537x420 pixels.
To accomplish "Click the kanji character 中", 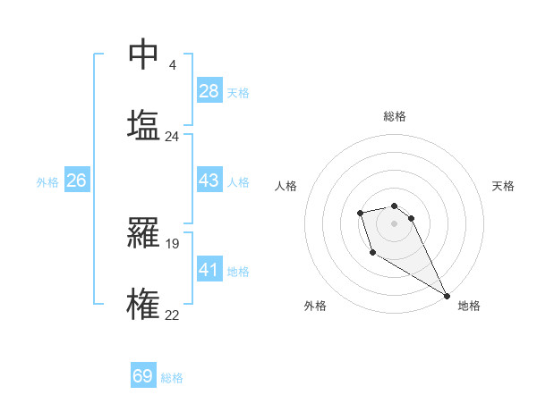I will point(143,55).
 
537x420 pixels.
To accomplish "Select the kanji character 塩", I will point(143,125).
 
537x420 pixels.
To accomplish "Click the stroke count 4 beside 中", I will point(172,64).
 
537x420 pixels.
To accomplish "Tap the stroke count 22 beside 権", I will point(172,314).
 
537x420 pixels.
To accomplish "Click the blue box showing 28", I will point(209,91).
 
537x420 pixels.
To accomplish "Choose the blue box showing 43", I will point(209,181).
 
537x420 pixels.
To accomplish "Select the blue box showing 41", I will point(209,269).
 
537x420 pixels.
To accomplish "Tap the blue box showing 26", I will point(76,181).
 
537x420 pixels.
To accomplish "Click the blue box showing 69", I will point(143,376).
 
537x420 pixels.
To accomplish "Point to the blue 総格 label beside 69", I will point(172,378).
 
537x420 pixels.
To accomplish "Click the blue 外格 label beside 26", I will point(47,182).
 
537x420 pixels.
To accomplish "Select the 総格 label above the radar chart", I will point(394,117).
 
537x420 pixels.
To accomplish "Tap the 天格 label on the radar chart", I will point(504,186).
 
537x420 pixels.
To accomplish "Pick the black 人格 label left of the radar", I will point(286,186).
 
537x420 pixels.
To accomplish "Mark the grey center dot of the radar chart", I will point(394,223).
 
